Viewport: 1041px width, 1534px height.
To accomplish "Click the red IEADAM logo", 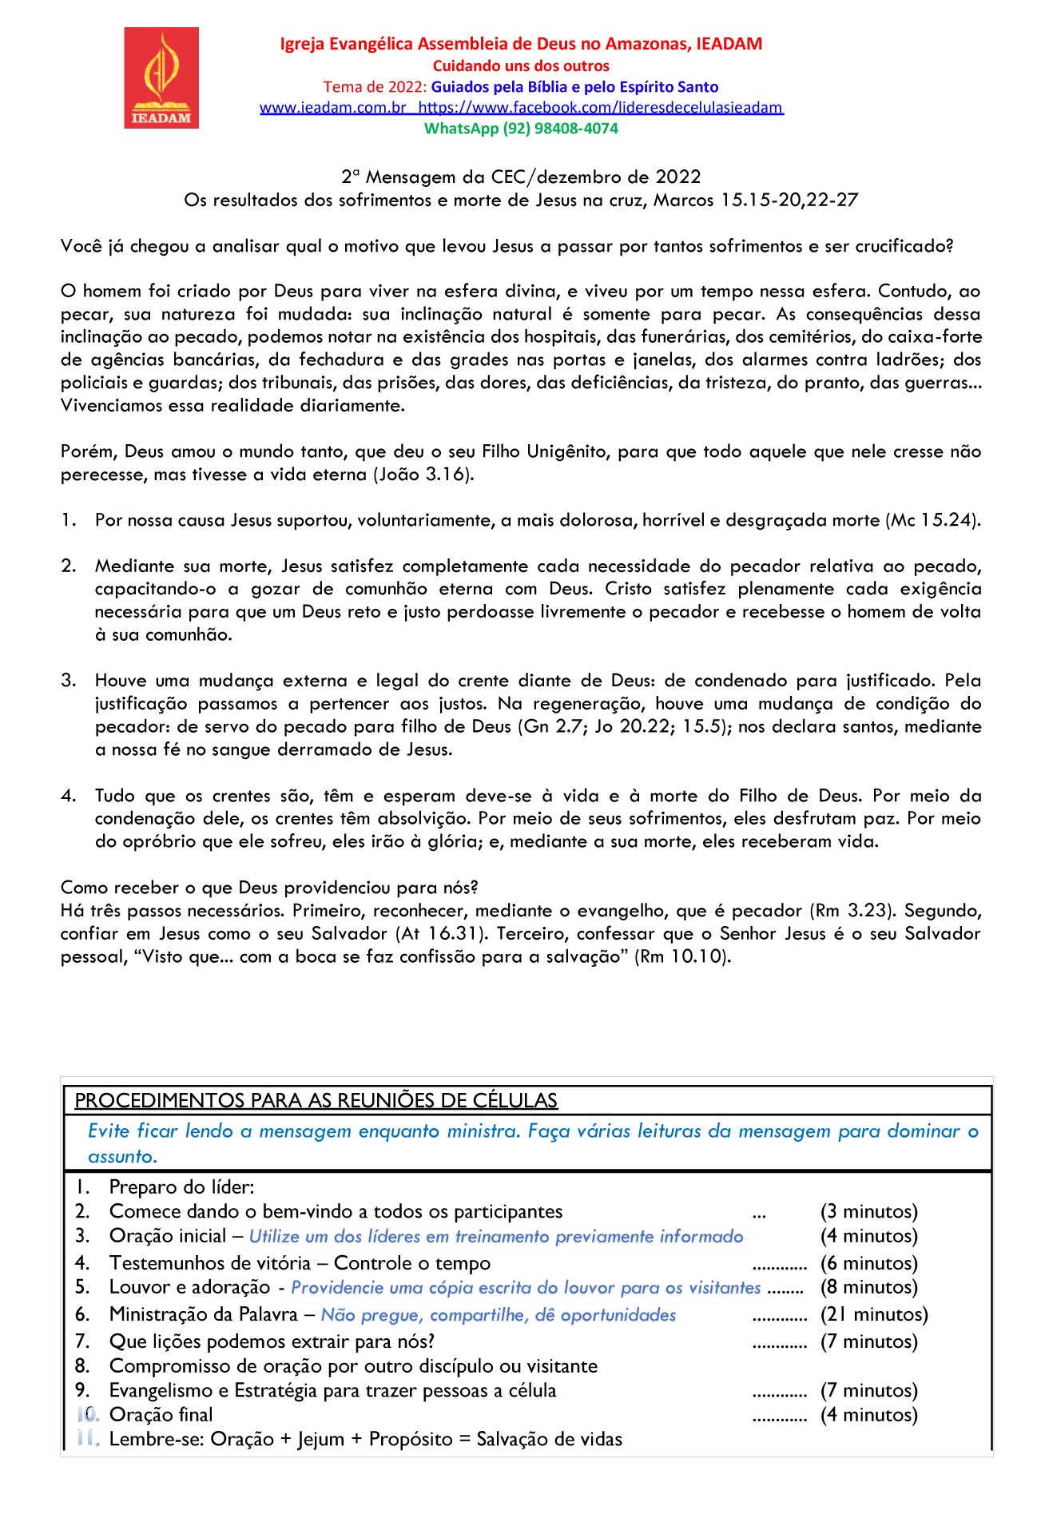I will [161, 77].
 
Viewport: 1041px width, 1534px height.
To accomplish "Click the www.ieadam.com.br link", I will [333, 108].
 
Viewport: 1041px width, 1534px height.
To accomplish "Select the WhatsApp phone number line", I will [521, 129].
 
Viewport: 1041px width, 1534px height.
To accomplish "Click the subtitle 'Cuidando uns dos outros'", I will [521, 66].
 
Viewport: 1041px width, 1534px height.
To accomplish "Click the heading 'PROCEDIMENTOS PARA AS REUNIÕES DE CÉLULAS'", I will [316, 1101].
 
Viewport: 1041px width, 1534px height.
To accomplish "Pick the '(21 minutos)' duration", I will [874, 1314].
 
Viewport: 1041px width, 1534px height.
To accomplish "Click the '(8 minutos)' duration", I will [869, 1287].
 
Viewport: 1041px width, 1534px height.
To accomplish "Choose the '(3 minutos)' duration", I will [869, 1212].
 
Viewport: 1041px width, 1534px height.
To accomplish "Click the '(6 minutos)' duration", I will [869, 1263].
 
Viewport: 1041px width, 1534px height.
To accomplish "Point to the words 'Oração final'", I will [161, 1415].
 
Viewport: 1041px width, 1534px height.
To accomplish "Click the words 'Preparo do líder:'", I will [182, 1187].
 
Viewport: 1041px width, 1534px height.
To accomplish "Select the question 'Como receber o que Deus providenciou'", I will [269, 888].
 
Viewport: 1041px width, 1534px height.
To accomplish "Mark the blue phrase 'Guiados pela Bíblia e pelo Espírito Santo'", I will [574, 87].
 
